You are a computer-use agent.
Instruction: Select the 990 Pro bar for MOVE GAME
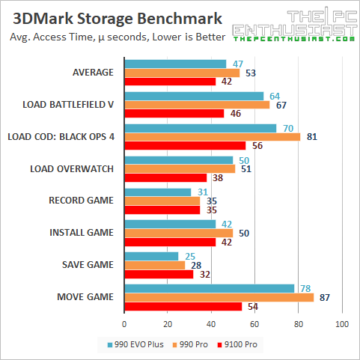[x=219, y=297]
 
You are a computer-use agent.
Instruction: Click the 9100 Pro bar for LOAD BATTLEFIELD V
[x=174, y=114]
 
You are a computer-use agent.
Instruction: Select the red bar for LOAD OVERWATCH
[x=165, y=178]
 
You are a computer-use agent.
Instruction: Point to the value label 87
[x=326, y=297]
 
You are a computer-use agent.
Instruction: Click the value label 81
[x=312, y=136]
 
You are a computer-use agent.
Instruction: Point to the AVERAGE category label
[x=92, y=73]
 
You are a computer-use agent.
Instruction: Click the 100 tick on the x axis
[x=342, y=324]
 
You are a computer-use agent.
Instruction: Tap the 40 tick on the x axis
[x=211, y=324]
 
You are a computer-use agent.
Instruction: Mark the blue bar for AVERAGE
[x=175, y=64]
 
